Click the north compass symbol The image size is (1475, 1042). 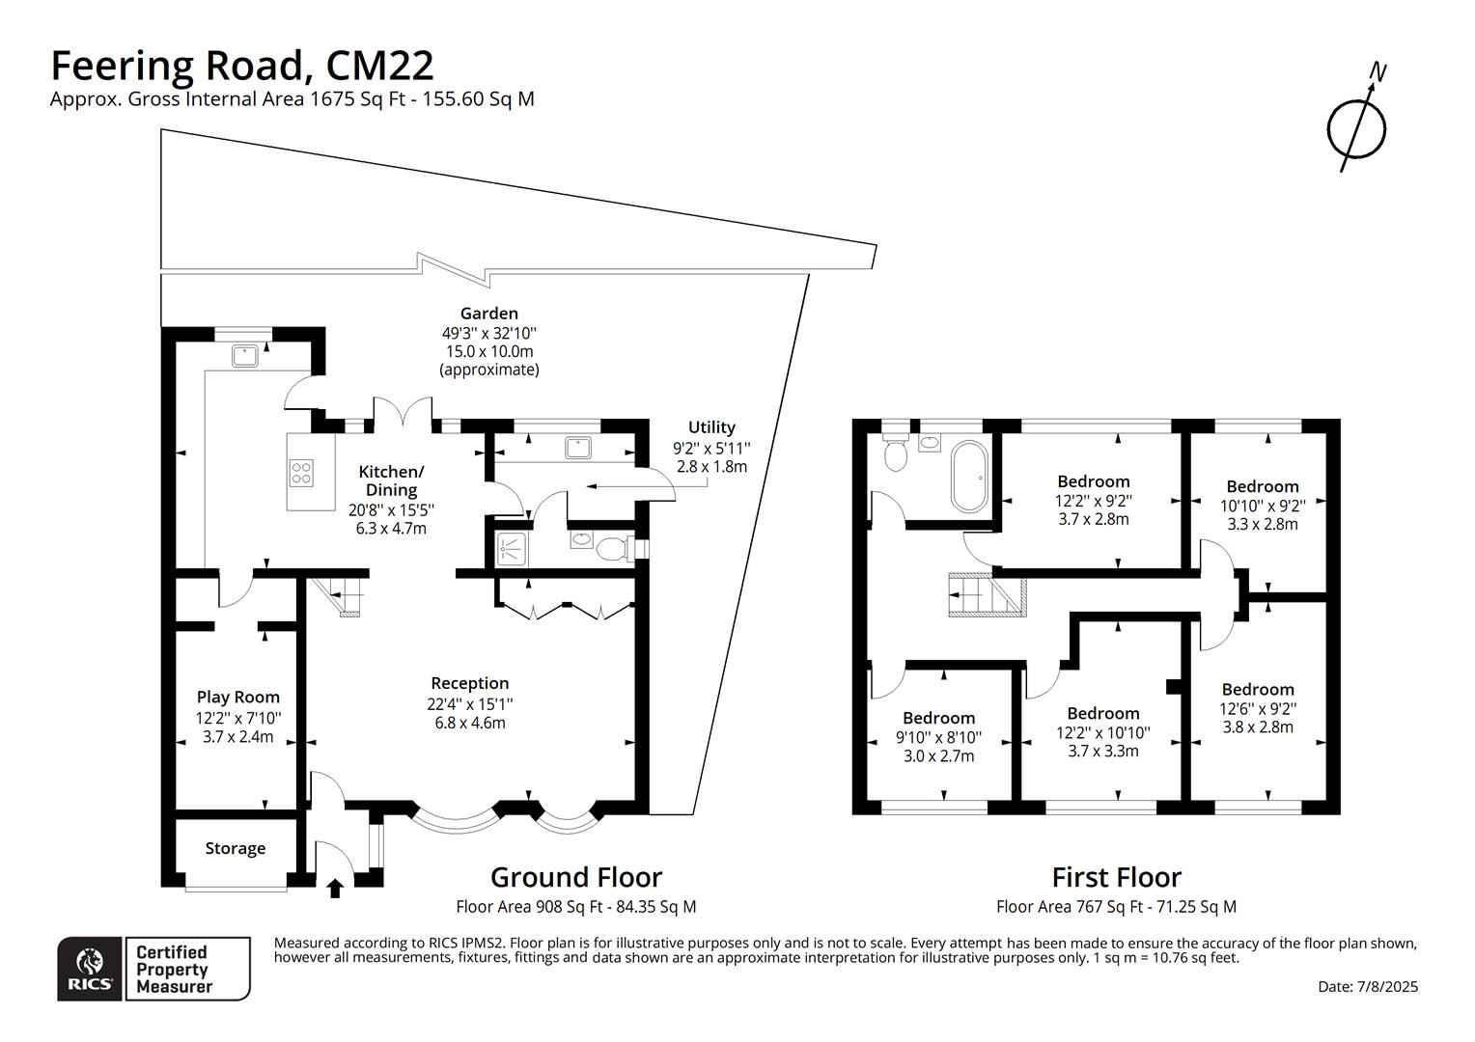click(x=1356, y=125)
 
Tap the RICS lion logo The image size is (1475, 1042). click(x=90, y=968)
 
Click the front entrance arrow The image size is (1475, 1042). click(x=335, y=888)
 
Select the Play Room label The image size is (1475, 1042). click(x=237, y=697)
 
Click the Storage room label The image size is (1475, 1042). click(x=235, y=848)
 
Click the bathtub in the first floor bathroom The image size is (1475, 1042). click(x=968, y=477)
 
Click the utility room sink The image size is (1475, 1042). click(x=579, y=448)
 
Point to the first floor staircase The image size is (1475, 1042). click(x=985, y=594)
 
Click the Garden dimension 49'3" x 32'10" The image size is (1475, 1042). click(x=488, y=333)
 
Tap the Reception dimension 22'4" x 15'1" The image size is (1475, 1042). click(x=470, y=703)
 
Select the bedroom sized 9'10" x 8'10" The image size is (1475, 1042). click(x=938, y=737)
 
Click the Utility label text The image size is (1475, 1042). click(x=711, y=427)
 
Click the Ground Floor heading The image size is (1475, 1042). click(x=575, y=877)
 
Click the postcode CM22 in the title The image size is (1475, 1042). click(x=379, y=66)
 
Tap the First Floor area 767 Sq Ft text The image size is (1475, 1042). click(x=1116, y=907)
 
